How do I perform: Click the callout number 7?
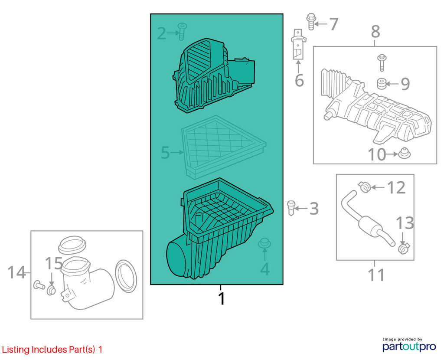coord(334,24)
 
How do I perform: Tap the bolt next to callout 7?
coord(311,21)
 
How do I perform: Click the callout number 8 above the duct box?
coord(375,31)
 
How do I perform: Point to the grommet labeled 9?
coord(382,84)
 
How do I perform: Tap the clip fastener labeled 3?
coord(291,208)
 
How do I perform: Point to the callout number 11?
coord(376,275)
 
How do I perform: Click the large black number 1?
coord(222,298)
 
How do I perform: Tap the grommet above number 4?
coord(264,243)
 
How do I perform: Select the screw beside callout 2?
coord(182,31)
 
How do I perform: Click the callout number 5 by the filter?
coord(165,153)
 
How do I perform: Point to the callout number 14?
coord(16,272)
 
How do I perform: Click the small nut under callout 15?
coord(51,290)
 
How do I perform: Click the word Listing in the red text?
coord(16,350)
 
